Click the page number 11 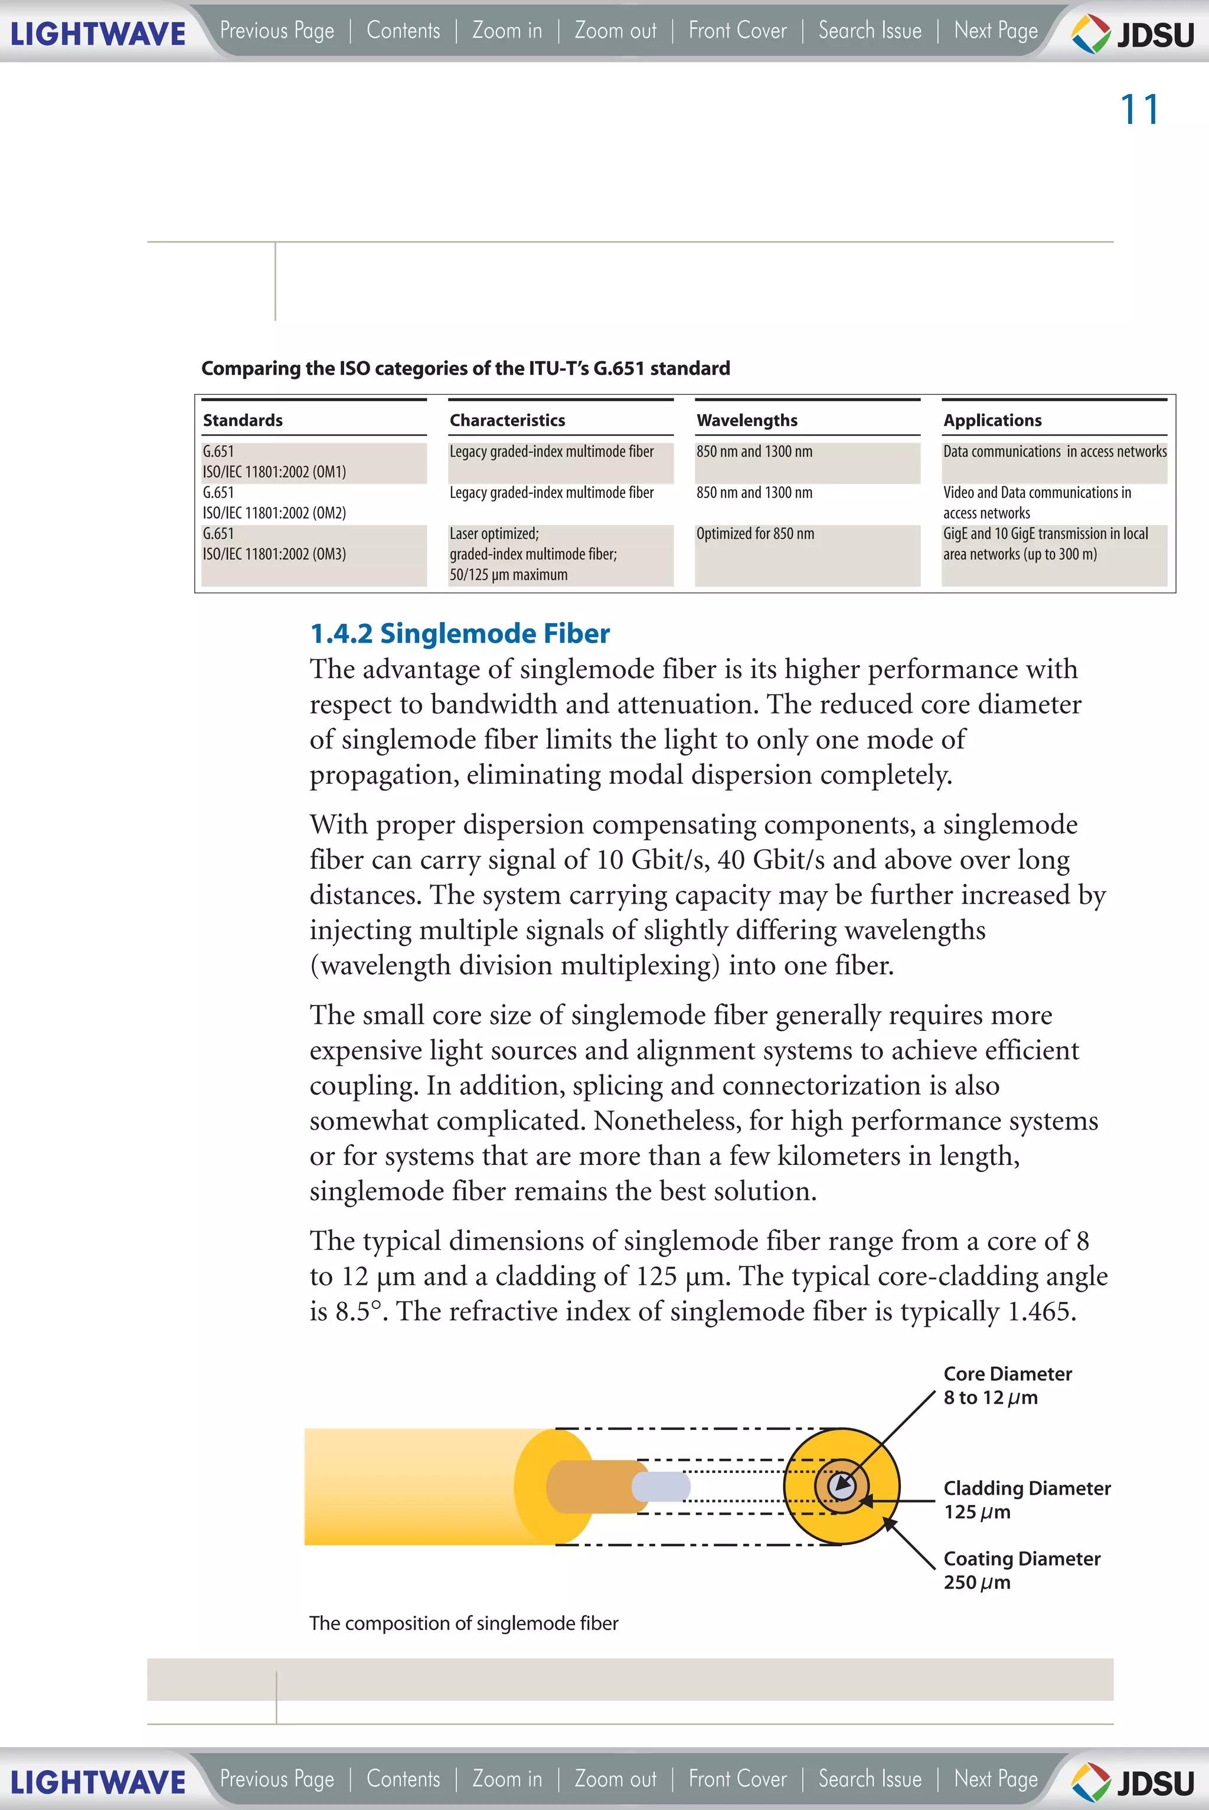tap(1139, 109)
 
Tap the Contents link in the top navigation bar tap(403, 31)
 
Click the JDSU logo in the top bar tap(1133, 34)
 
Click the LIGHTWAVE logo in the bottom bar tap(98, 1782)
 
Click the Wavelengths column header tap(746, 420)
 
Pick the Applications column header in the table tap(992, 420)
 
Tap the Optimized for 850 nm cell tap(755, 533)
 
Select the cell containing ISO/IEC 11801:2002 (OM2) tap(275, 503)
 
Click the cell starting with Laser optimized tap(533, 554)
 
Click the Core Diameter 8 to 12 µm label tap(1007, 1385)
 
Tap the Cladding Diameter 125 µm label tap(1026, 1500)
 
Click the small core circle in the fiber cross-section tap(841, 1485)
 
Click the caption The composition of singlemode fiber tap(463, 1624)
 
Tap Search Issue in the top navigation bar tap(870, 31)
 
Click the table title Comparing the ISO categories tap(465, 368)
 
